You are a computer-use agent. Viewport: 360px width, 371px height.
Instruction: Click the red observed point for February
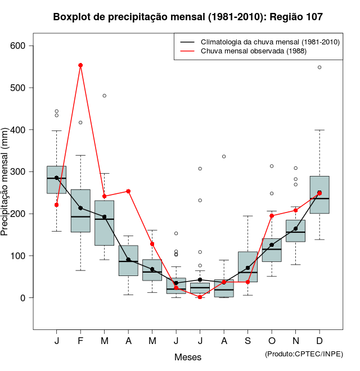(80, 65)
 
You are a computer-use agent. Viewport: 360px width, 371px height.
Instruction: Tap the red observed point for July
(200, 297)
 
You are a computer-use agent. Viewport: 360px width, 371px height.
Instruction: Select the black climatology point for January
(56, 178)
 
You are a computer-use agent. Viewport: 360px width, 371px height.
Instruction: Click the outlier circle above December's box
(319, 67)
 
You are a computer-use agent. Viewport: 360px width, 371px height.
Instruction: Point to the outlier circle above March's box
(104, 96)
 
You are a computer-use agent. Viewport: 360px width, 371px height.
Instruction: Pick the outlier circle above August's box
(224, 156)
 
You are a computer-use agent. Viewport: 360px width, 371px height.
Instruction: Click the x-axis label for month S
(247, 341)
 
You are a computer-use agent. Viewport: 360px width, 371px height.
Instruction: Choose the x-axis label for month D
(319, 341)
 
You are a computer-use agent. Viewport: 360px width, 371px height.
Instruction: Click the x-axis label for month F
(80, 341)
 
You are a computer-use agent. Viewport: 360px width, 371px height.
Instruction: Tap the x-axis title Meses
(188, 357)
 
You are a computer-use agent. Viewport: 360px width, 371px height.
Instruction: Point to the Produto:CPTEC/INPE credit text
(304, 354)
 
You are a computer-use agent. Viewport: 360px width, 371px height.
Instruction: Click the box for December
(319, 194)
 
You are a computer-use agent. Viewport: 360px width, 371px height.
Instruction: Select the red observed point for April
(128, 191)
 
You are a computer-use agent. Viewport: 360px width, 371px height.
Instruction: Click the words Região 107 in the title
(296, 17)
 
